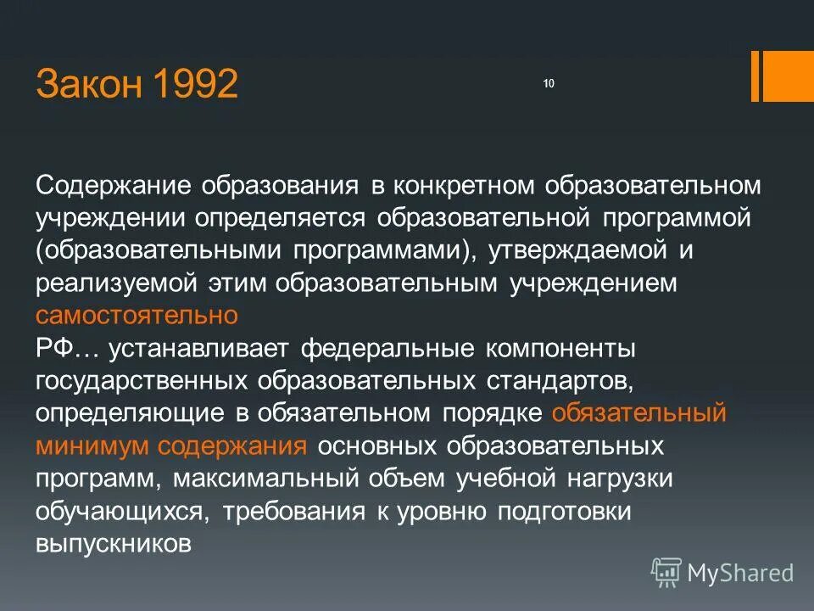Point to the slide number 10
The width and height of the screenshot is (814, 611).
pos(548,83)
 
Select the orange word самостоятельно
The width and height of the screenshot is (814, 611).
pos(137,316)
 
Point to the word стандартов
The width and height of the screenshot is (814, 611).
pos(560,380)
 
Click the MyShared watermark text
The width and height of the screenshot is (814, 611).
pos(739,573)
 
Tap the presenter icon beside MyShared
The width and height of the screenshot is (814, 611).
pos(666,573)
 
